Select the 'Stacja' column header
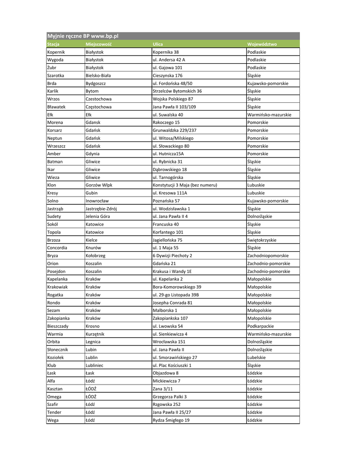click(53, 44)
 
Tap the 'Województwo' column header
click(262, 44)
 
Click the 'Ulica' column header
click(158, 44)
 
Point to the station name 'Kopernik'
click(56, 52)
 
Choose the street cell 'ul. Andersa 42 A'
click(169, 60)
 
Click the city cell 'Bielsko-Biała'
click(98, 76)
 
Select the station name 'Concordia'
click(57, 248)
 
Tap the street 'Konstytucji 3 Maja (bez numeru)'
click(185, 185)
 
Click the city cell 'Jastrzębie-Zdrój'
click(101, 208)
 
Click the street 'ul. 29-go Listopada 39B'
click(176, 295)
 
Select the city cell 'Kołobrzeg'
click(96, 256)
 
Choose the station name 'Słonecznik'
click(58, 349)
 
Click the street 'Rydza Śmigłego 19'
click(171, 420)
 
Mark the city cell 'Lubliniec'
click(95, 365)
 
